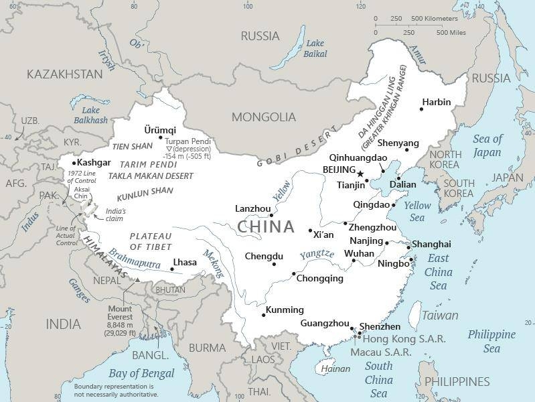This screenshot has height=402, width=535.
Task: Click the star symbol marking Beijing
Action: (360, 174)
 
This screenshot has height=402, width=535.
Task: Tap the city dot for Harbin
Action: (422, 109)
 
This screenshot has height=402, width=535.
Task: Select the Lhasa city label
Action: (185, 262)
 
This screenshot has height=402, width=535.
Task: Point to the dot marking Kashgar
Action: (74, 163)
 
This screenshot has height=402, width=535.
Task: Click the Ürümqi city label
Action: (160, 129)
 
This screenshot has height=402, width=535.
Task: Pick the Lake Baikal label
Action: (315, 48)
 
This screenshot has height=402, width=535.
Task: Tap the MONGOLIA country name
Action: (263, 117)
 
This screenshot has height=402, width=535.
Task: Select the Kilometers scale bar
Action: (402, 25)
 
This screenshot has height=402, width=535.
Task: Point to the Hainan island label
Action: (335, 368)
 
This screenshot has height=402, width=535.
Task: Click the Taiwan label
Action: (440, 315)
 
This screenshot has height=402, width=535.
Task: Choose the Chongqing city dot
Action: (293, 273)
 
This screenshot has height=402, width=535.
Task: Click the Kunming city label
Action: (285, 310)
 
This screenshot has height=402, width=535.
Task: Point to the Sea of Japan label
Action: (487, 145)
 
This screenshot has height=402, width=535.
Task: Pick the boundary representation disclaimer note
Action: (114, 391)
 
